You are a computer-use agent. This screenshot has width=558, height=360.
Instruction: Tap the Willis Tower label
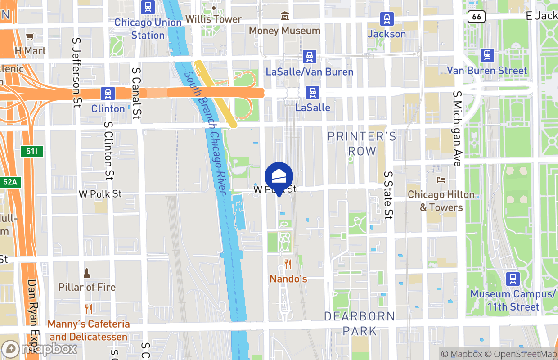click(x=214, y=19)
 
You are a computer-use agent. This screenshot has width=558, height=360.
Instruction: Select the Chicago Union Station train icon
click(x=148, y=7)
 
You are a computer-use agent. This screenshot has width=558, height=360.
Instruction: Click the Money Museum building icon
click(x=284, y=17)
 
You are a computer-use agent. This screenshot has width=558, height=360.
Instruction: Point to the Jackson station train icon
click(x=387, y=19)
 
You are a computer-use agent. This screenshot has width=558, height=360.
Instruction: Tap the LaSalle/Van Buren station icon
click(x=309, y=57)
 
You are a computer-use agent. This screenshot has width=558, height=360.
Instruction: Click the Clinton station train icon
click(x=108, y=94)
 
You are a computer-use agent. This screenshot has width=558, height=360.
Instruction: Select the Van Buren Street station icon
click(x=487, y=55)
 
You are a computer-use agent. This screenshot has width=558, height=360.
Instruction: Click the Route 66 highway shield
click(x=476, y=17)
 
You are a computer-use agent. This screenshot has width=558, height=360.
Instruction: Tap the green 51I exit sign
click(x=32, y=151)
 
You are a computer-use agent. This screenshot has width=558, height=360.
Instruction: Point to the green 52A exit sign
click(x=11, y=182)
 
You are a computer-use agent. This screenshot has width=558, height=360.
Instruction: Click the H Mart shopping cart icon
click(x=30, y=37)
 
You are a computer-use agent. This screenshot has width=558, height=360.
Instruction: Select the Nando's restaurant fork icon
click(x=288, y=264)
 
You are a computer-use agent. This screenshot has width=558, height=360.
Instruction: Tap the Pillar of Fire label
click(x=87, y=287)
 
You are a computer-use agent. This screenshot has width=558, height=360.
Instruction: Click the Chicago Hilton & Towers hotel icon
click(x=441, y=180)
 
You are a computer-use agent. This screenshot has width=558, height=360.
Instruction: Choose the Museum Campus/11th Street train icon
click(x=513, y=279)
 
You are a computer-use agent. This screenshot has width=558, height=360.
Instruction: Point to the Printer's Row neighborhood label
click(x=362, y=144)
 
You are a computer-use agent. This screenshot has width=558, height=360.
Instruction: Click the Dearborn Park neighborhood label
click(x=360, y=323)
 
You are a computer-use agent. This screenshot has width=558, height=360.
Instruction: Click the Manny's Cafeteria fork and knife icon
click(x=89, y=309)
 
